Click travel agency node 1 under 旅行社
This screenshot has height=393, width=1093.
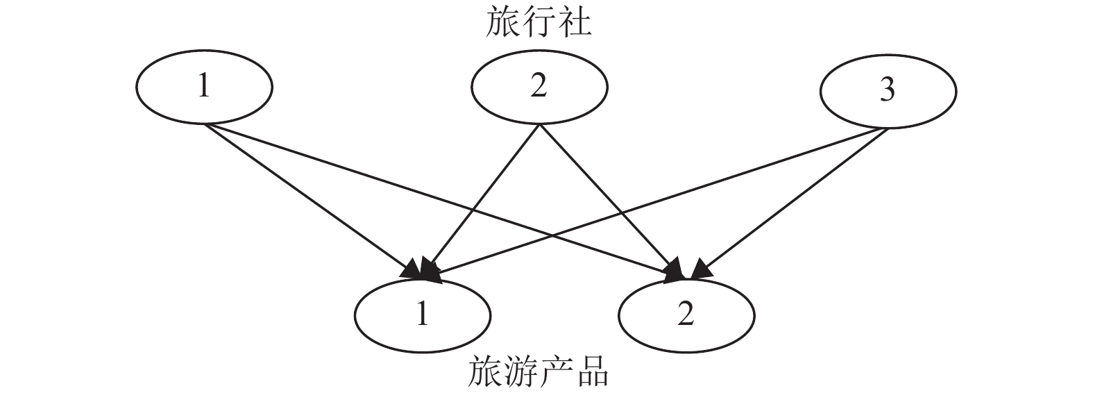pyautogui.click(x=204, y=87)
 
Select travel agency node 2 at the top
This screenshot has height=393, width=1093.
pyautogui.click(x=539, y=87)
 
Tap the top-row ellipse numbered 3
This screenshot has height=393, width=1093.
pyautogui.click(x=888, y=90)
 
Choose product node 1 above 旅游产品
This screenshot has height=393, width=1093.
pyautogui.click(x=422, y=315)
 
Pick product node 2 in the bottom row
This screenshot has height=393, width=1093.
pyautogui.click(x=686, y=315)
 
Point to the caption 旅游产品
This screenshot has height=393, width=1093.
pyautogui.click(x=539, y=372)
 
